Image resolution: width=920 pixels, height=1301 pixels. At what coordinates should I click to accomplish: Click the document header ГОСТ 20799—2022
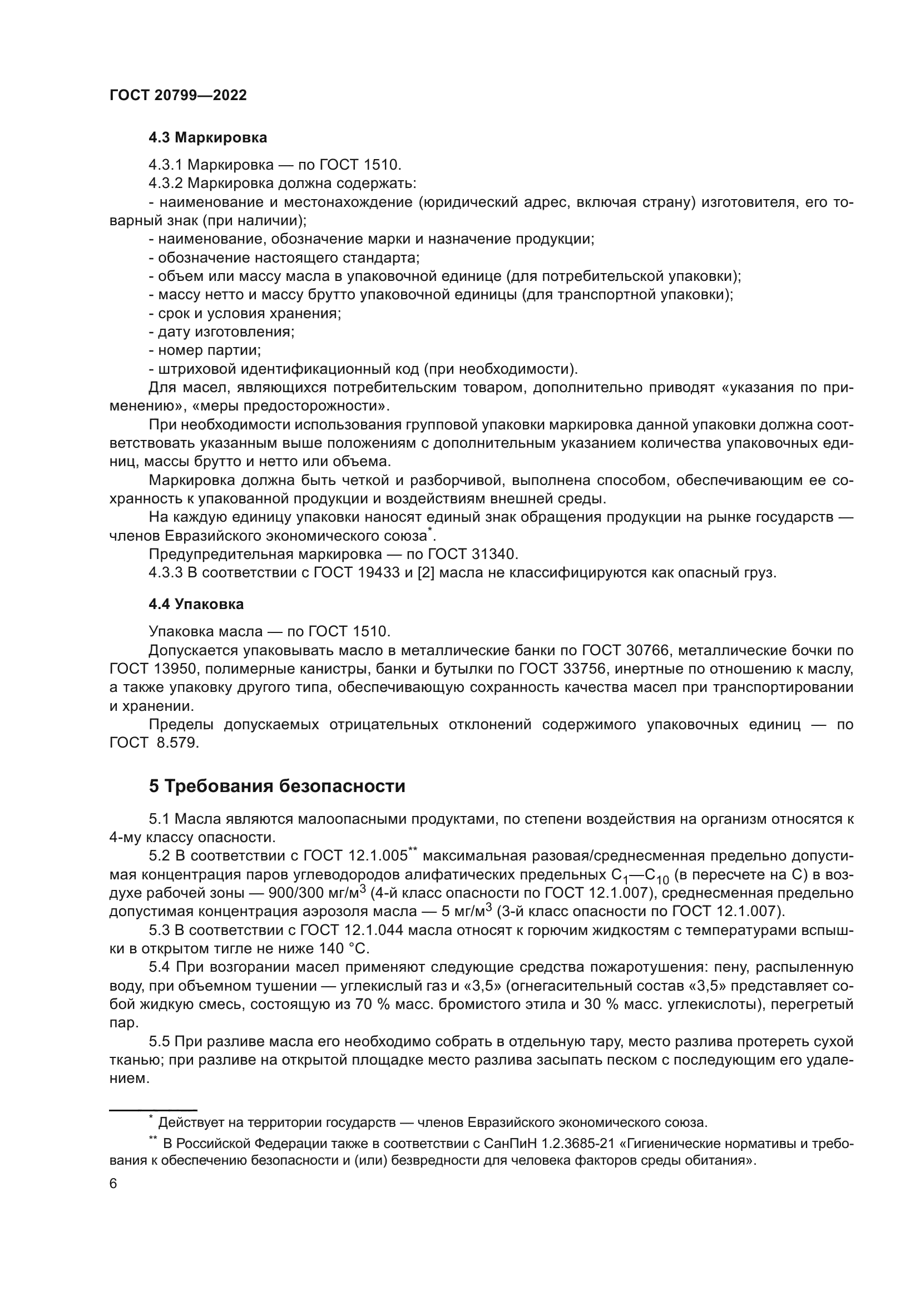[178, 95]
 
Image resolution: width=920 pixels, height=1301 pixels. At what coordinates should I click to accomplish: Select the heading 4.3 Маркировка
[208, 137]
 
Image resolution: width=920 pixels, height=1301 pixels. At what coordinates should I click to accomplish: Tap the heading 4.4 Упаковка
[196, 604]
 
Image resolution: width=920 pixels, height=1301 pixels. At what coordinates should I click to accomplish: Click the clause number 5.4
[159, 967]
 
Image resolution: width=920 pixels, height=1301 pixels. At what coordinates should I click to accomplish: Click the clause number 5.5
[159, 1041]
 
